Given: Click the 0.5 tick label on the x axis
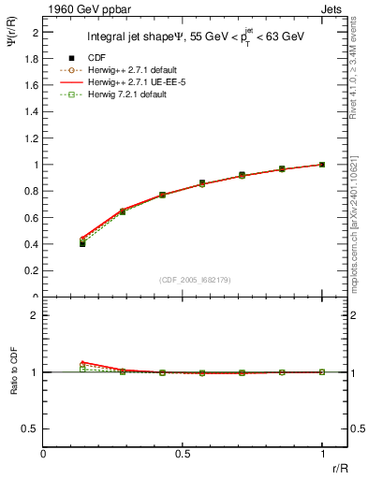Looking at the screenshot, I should pos(183,454).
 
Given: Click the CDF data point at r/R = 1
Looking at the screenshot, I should pos(322,165).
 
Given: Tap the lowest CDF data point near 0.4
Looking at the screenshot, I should pos(82,243).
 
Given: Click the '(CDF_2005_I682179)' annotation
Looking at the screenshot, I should pos(183,280).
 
